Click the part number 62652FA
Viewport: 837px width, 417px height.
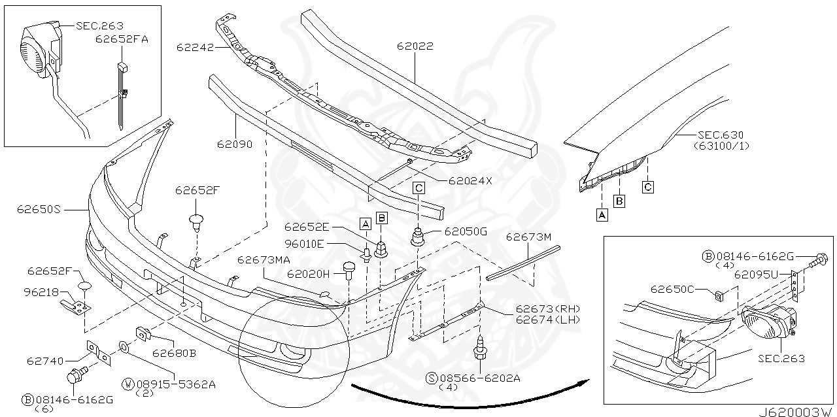point(122,39)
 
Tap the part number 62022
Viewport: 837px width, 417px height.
point(415,46)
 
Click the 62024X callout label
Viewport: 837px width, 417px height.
point(470,181)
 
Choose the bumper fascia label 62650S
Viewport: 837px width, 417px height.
point(39,210)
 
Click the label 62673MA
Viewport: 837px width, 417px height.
point(264,259)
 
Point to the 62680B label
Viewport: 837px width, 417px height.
point(174,354)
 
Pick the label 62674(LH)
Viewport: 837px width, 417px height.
point(548,319)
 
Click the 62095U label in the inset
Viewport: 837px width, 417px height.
point(755,275)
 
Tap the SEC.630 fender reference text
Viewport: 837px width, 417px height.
point(719,135)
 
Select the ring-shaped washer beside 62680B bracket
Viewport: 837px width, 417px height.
point(124,346)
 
